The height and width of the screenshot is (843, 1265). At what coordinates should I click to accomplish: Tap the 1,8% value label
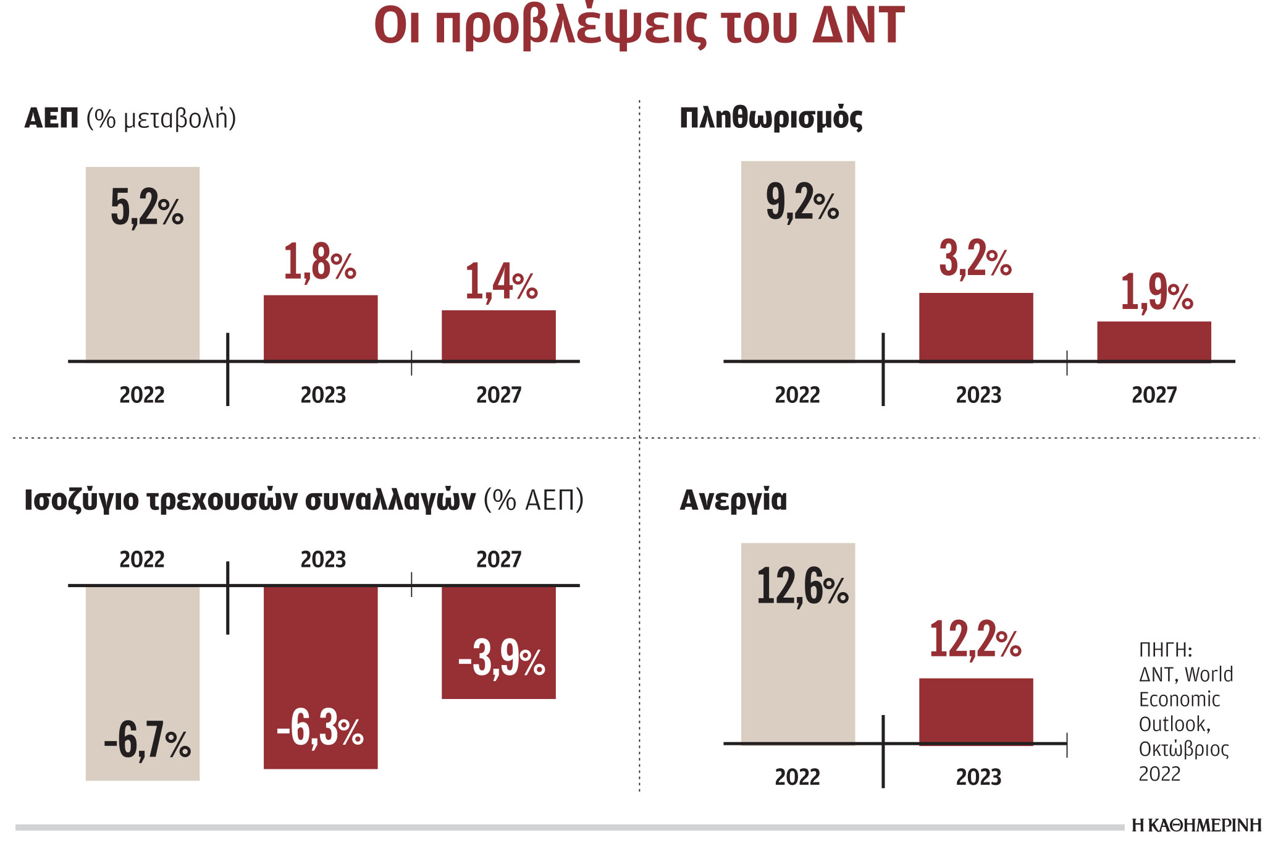319,262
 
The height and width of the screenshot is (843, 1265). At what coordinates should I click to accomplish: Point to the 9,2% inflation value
802,202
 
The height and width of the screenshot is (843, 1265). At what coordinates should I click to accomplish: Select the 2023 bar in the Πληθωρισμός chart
976,327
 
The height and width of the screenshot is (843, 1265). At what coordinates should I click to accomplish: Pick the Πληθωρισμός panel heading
771,117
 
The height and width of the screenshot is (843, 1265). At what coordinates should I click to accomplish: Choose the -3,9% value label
501,659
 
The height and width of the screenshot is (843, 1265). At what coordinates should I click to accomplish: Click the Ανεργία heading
733,499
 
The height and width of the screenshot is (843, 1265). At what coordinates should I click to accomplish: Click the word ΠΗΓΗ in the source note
1164,650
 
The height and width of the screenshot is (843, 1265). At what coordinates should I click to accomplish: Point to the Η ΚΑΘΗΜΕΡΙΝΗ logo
1196,826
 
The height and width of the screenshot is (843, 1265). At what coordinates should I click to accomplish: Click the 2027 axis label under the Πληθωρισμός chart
1154,395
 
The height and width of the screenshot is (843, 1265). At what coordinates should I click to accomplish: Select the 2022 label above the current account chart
142,559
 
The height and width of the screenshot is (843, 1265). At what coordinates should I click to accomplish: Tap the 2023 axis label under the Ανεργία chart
978,777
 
